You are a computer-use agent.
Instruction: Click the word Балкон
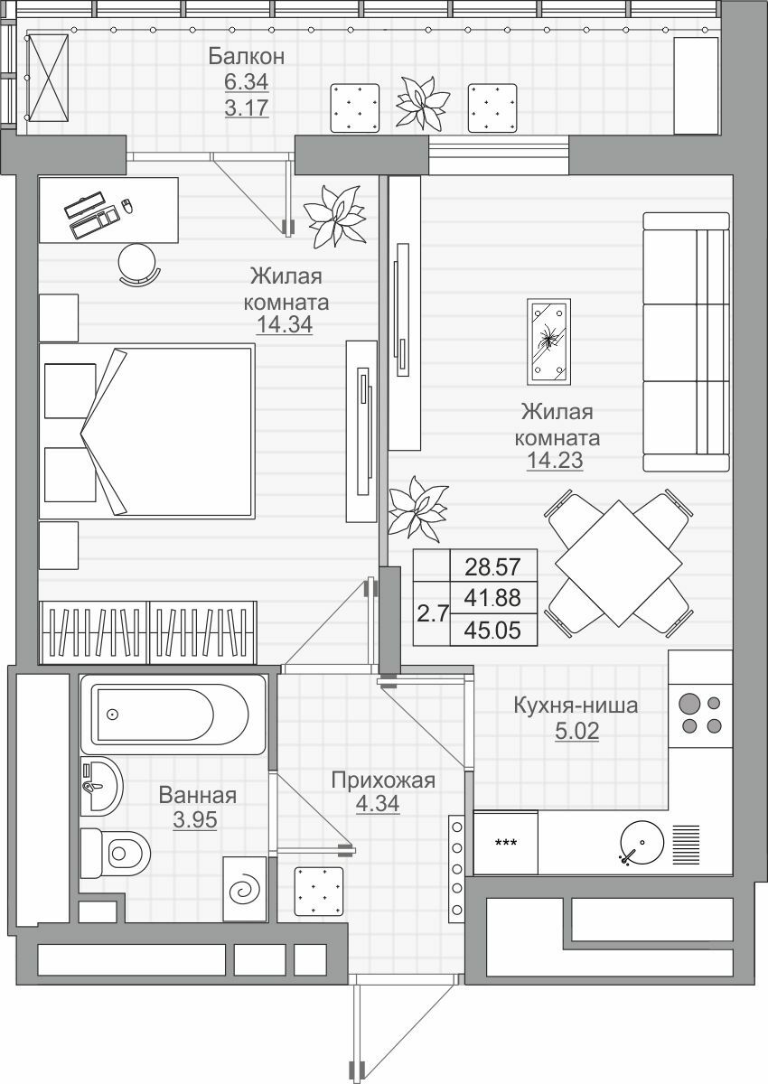click(247, 57)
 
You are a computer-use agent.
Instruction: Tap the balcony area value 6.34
click(247, 82)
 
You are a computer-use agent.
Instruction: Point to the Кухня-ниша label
click(576, 706)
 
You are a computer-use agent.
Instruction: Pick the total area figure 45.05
click(492, 631)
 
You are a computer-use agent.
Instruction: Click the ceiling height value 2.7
click(432, 613)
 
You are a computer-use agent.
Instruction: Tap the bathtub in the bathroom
click(173, 715)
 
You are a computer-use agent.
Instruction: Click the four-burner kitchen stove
click(700, 715)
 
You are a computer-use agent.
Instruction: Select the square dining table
click(618, 564)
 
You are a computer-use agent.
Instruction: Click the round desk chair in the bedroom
click(138, 264)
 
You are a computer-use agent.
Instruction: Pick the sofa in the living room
click(686, 341)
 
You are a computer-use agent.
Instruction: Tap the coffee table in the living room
click(548, 341)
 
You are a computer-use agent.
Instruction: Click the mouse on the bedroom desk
click(126, 205)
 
